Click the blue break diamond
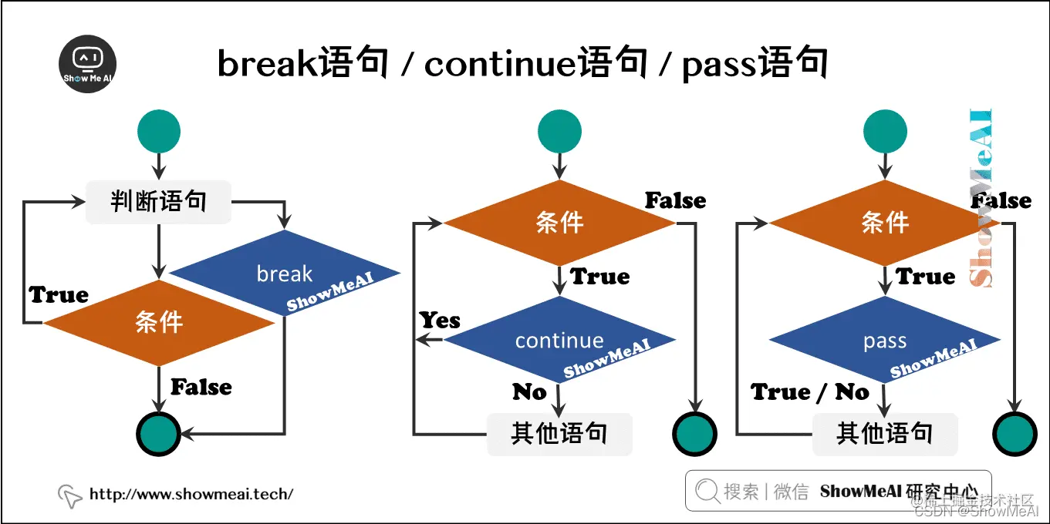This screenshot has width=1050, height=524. (x=285, y=274)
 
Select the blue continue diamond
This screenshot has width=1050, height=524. (x=559, y=340)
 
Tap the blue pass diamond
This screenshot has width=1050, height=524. (x=885, y=340)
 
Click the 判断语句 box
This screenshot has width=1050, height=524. (x=158, y=202)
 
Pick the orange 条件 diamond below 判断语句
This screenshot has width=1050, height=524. (x=159, y=323)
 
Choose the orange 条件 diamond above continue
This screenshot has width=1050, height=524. (x=559, y=223)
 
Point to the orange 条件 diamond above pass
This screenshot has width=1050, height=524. (x=885, y=223)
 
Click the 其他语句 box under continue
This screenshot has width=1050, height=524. (x=559, y=434)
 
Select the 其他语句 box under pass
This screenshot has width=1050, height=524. (x=885, y=434)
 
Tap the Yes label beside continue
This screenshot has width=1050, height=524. (x=440, y=320)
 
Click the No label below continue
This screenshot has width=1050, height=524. (x=529, y=392)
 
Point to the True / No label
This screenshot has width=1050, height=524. (x=810, y=392)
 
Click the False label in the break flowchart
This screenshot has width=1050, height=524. (x=201, y=387)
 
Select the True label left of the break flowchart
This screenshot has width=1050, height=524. (x=59, y=294)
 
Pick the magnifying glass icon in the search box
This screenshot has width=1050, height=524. (x=706, y=491)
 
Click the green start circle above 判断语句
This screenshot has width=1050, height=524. (x=158, y=131)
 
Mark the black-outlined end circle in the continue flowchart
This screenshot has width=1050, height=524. (x=695, y=435)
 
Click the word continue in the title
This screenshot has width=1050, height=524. (x=501, y=64)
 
